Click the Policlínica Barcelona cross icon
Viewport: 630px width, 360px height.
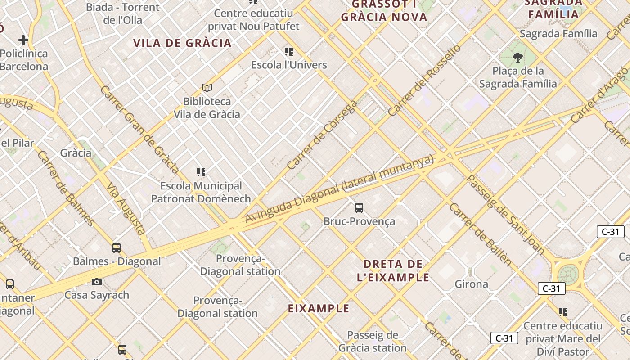click(x=23, y=40)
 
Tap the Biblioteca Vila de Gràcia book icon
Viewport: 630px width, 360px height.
click(x=207, y=88)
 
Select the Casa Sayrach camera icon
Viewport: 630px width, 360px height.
click(x=96, y=282)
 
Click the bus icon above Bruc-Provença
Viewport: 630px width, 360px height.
click(x=359, y=207)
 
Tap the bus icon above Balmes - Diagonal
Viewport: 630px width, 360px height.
click(x=117, y=247)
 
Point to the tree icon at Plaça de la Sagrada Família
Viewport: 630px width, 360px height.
click(x=517, y=57)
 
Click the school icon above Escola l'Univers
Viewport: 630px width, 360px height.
click(x=289, y=52)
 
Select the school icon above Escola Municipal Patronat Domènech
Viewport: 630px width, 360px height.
click(x=201, y=172)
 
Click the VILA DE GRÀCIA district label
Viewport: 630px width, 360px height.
click(x=182, y=43)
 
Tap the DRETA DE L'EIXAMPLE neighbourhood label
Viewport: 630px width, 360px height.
click(x=393, y=270)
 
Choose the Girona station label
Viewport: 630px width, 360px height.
click(x=471, y=284)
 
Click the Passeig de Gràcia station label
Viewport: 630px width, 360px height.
click(x=373, y=342)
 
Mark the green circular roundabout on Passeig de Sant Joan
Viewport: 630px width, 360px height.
click(x=567, y=275)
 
